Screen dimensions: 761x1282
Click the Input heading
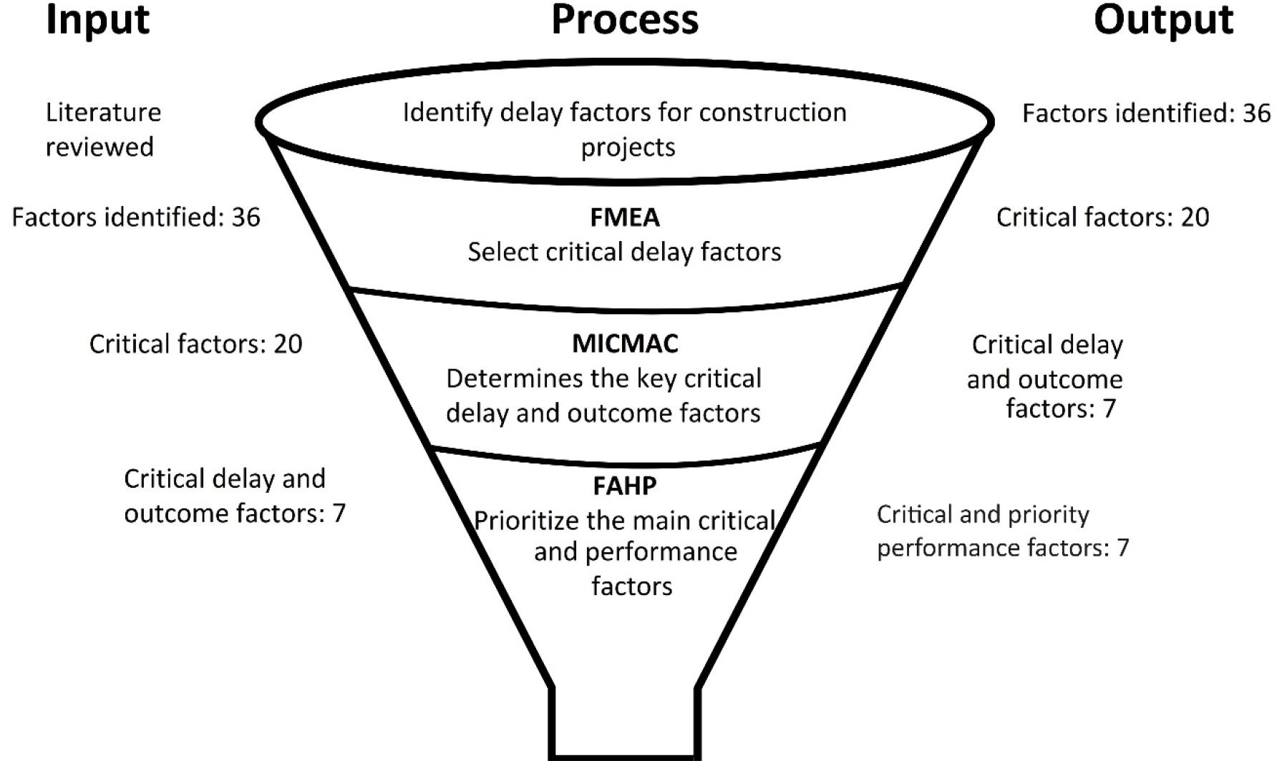[x=97, y=20]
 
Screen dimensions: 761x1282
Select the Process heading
[x=625, y=20]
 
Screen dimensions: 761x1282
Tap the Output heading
[x=1163, y=20]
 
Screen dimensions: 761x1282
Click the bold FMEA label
[x=625, y=217]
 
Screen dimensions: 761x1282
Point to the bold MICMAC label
[x=625, y=343]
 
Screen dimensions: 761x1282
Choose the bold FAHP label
[x=625, y=486]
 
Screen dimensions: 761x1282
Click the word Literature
[x=104, y=112]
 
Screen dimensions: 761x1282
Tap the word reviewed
[x=99, y=147]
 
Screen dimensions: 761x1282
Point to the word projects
[x=628, y=147]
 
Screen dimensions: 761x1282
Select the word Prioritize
[x=527, y=521]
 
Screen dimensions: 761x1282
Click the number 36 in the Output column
[x=1256, y=113]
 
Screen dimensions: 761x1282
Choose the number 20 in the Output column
[x=1194, y=217]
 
